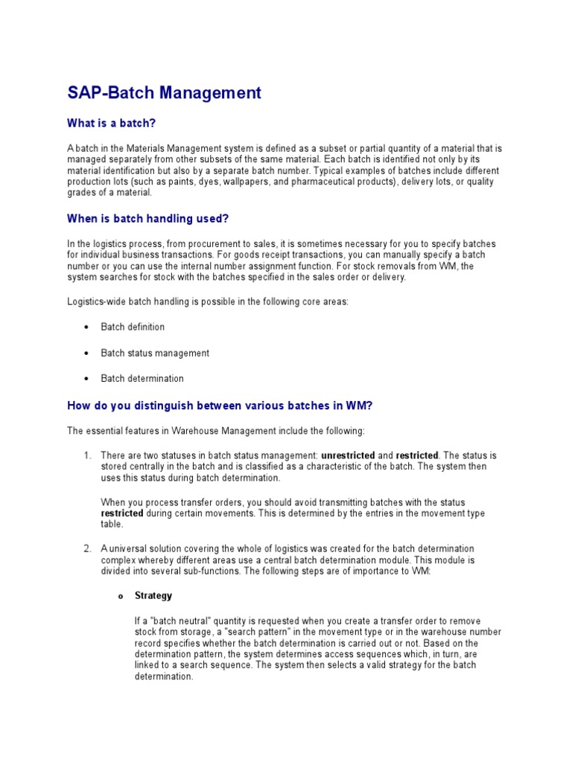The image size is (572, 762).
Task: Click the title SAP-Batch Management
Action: [165, 93]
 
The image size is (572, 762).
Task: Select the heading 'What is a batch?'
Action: [112, 123]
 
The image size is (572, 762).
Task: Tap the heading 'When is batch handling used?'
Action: [148, 218]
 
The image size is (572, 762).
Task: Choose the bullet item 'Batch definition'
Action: [133, 327]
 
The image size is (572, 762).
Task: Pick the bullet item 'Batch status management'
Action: [155, 353]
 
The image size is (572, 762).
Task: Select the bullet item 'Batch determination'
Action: [142, 378]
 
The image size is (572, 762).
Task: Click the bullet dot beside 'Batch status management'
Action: [87, 353]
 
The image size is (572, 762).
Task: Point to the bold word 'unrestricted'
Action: [348, 455]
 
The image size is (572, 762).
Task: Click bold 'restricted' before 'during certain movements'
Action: [122, 513]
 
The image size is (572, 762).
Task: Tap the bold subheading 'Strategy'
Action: [153, 595]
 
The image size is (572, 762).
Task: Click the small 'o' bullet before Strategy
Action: [119, 596]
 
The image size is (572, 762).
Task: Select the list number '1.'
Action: [87, 455]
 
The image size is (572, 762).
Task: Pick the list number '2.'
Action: [87, 549]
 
